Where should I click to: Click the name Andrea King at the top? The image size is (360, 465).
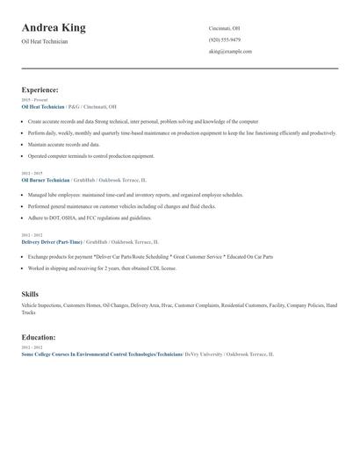[54, 28]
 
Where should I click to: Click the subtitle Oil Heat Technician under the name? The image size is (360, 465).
[45, 42]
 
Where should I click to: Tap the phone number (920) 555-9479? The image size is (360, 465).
[224, 40]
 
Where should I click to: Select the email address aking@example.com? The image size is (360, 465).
[230, 52]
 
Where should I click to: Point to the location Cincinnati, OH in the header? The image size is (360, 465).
[224, 28]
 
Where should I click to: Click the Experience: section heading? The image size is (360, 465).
[40, 89]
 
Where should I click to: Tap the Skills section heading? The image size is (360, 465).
[30, 294]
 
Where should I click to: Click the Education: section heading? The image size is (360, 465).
[39, 337]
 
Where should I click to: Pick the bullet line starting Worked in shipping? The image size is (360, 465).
[102, 268]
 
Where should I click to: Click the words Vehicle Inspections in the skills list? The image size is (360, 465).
[39, 305]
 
